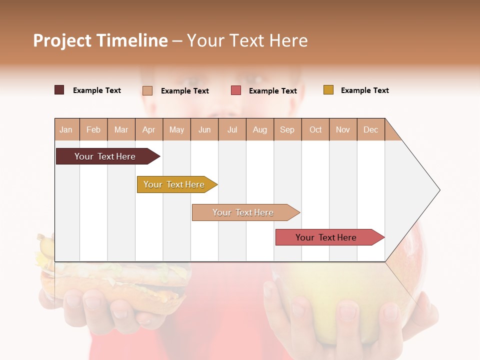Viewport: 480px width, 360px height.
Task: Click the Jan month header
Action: click(66, 129)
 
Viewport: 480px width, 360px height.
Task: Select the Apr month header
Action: click(149, 129)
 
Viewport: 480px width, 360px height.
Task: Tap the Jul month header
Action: click(232, 129)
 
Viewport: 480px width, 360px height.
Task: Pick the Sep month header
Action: click(287, 129)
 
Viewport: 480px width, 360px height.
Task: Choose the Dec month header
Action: click(370, 129)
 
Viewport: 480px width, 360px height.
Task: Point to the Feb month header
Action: click(93, 129)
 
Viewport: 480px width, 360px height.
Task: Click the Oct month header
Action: click(315, 129)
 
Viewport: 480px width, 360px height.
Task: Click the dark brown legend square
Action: click(59, 90)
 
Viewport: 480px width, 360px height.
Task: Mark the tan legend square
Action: click(147, 90)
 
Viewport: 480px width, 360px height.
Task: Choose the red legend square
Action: click(236, 90)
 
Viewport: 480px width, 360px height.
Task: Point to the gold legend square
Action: click(328, 90)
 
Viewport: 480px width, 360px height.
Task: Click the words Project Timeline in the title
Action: click(100, 40)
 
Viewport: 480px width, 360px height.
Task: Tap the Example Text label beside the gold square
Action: click(364, 90)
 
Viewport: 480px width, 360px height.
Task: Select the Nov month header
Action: click(343, 129)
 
